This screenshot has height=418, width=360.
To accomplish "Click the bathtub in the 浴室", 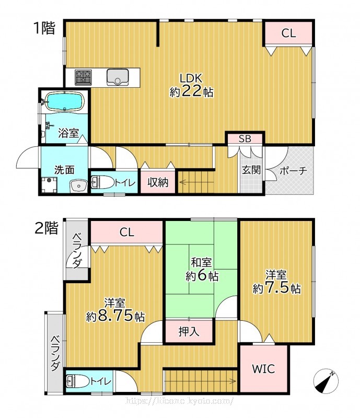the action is tap(65, 101).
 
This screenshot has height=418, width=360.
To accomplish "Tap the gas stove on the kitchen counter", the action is tap(83, 77).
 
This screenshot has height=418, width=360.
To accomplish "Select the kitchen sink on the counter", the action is tap(118, 77).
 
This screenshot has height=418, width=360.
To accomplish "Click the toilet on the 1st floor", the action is tap(102, 182).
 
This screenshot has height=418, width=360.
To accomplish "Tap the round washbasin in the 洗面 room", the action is tap(78, 185).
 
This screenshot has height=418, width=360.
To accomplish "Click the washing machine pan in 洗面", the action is tap(49, 185).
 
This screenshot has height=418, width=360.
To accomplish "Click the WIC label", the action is tap(263, 369).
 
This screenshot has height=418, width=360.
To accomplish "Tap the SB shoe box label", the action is tap(245, 138).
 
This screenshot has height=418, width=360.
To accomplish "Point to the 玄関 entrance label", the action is tap(251, 170).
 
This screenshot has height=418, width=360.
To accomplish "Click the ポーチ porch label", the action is tap(293, 170).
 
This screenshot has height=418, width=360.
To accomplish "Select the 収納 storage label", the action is tap(158, 182).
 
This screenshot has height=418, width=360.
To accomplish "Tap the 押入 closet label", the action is tap(189, 331).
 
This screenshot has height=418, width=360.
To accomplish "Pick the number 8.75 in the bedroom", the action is tap(115, 316).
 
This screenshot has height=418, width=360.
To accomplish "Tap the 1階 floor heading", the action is tap(44, 28).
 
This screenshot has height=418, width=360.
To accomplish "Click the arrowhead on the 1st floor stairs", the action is tap(182, 182).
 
